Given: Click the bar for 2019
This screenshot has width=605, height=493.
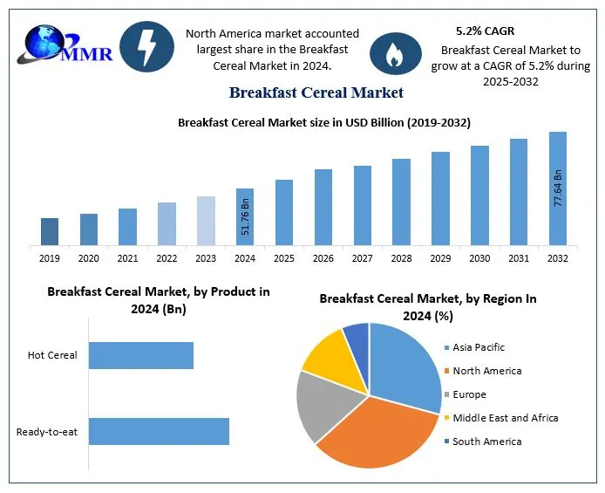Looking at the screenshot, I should (x=50, y=231).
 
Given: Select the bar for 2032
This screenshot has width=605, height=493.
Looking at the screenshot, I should (x=558, y=188).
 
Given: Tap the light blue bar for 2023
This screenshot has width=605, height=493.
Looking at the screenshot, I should (x=206, y=221).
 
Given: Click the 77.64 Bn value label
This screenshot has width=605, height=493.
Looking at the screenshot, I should (x=558, y=188).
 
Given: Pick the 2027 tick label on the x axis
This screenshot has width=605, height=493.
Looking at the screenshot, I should (x=362, y=258).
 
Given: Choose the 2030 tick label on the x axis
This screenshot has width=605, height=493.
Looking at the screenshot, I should (x=479, y=258).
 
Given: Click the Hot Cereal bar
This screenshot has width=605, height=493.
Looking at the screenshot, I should (x=140, y=355).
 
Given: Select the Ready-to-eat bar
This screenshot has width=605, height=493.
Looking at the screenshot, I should (x=159, y=431).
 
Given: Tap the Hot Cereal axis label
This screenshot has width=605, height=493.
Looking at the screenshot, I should (x=52, y=355).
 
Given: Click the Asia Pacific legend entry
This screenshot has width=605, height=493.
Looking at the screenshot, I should (x=478, y=347).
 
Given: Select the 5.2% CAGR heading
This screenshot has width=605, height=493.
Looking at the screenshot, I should (x=485, y=31).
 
